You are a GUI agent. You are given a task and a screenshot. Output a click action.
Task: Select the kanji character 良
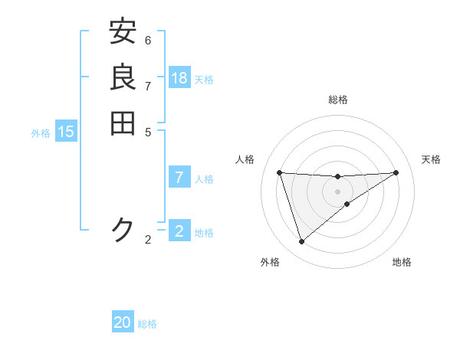tap(123, 77)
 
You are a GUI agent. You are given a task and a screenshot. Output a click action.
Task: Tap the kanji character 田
tap(123, 123)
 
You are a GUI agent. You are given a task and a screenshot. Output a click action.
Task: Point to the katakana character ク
tap(123, 229)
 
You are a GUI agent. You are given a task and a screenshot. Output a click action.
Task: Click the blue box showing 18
tap(179, 77)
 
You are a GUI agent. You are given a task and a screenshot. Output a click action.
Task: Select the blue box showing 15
tap(66, 132)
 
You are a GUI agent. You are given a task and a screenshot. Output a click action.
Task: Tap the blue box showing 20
tap(123, 322)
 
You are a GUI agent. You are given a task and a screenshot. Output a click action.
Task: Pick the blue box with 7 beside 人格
tap(179, 178)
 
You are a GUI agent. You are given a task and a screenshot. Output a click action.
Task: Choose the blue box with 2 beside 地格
tap(179, 231)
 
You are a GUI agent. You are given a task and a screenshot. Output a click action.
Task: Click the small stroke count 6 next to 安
tap(148, 40)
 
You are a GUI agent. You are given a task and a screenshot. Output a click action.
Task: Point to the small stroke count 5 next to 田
tap(148, 131)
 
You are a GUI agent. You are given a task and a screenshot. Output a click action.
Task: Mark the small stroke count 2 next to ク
tap(148, 240)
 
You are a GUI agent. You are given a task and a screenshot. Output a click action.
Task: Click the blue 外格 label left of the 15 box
tap(41, 133)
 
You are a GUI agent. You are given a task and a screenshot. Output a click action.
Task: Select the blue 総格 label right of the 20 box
tap(147, 324)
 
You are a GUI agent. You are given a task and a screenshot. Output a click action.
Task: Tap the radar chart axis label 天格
tap(431, 159)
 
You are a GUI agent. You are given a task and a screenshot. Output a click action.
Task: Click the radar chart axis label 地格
tap(402, 262)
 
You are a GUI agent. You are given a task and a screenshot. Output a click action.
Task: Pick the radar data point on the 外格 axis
tap(301, 242)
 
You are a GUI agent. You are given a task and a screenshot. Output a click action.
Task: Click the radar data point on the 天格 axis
tap(396, 172)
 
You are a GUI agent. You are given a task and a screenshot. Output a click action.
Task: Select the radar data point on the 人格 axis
tap(279, 172)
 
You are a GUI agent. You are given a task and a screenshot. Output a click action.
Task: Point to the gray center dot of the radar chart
tap(337, 191)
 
